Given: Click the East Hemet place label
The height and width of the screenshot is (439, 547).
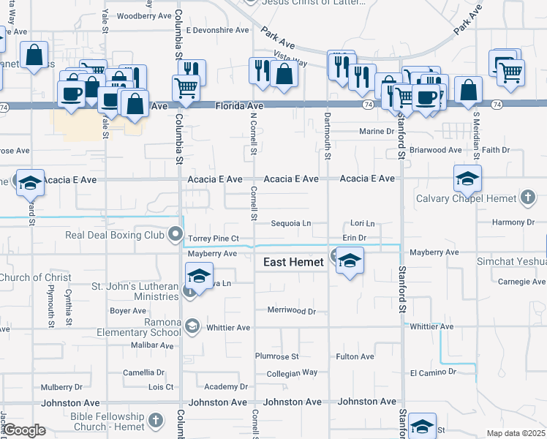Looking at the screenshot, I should (x=293, y=262).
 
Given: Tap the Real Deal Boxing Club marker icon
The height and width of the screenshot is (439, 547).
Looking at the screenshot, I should (x=176, y=235).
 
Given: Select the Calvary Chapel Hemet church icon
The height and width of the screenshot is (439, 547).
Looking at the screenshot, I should (x=528, y=198).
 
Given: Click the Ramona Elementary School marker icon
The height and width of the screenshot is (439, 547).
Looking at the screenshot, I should (x=192, y=326).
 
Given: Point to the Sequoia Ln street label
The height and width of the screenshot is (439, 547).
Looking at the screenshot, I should (x=291, y=223).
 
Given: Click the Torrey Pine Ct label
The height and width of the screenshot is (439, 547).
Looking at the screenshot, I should (x=214, y=239).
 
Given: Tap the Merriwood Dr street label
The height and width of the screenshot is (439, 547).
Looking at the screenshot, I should (x=291, y=311).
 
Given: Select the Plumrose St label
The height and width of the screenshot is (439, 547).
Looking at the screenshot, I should (x=277, y=356).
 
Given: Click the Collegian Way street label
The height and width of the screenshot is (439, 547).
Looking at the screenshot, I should (x=292, y=373).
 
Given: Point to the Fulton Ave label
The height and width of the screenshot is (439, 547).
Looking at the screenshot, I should (x=355, y=356).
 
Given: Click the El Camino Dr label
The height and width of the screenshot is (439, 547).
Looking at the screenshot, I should (x=433, y=372).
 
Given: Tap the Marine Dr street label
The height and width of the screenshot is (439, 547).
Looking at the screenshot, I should (x=377, y=132).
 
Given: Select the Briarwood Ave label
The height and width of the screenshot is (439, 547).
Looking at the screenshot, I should (x=436, y=150).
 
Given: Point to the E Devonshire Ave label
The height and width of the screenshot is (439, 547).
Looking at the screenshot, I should (x=217, y=31).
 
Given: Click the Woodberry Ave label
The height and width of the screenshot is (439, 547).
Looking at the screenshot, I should (x=143, y=15).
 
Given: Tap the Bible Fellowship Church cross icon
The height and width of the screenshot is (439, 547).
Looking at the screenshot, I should (x=155, y=420).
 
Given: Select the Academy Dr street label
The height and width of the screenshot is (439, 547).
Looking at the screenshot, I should (x=222, y=386).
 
